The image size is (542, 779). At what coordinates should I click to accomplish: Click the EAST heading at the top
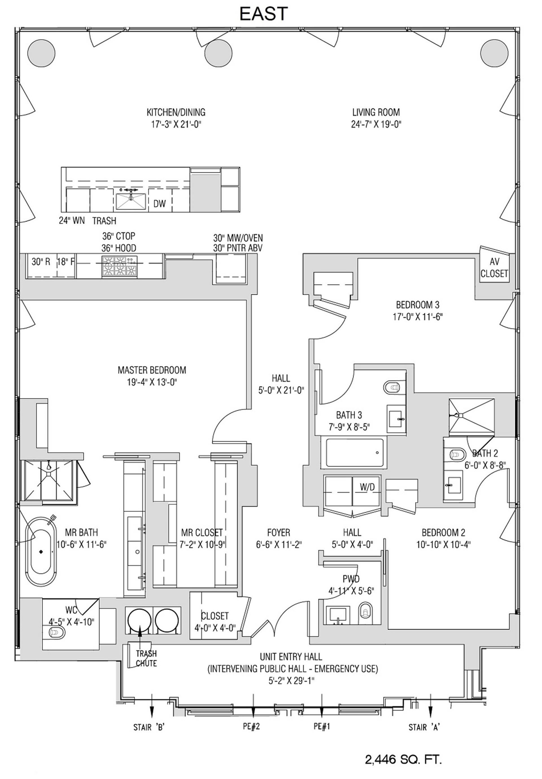point(264,14)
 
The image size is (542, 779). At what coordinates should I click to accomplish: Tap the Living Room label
point(376,112)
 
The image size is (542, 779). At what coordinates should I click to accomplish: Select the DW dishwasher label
point(159,204)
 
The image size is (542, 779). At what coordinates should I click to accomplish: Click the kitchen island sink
point(131,201)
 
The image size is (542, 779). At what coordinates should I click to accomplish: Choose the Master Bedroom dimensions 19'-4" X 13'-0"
point(152,382)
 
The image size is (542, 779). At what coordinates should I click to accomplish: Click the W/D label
point(367,487)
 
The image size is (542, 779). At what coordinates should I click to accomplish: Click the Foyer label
point(278,532)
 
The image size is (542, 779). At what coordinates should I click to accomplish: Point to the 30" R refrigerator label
point(41,262)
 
